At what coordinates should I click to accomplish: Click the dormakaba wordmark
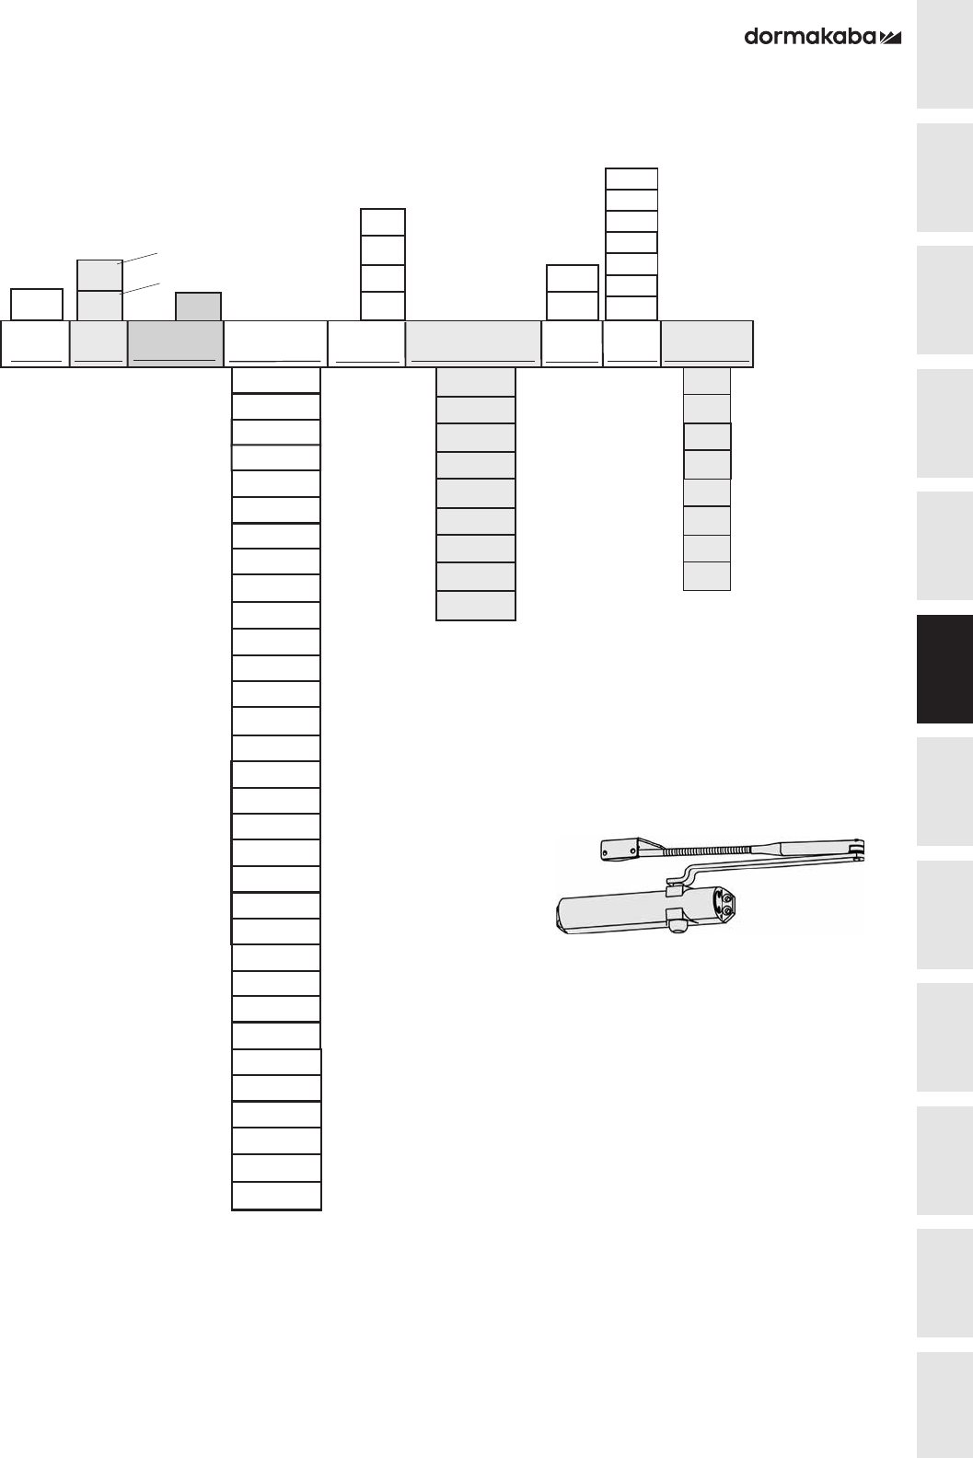pos(810,37)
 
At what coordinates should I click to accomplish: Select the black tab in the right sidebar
pos(944,669)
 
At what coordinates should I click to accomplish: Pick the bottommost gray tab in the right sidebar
pos(944,1404)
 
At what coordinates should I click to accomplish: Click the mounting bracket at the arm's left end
pos(624,850)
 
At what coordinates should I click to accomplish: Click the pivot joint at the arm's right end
pos(858,848)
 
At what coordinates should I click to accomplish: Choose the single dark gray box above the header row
pos(199,307)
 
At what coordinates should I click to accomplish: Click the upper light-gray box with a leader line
pos(99,275)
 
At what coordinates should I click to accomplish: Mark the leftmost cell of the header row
pos(35,344)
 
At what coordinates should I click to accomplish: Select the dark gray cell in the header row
pos(175,344)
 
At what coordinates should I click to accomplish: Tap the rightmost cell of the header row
pos(707,344)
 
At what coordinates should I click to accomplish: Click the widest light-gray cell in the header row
pos(473,344)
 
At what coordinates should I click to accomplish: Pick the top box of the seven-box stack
pos(631,179)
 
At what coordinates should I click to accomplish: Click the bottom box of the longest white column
pos(276,1196)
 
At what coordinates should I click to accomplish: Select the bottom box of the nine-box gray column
pos(475,606)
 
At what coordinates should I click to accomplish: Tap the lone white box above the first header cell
pos(37,304)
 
